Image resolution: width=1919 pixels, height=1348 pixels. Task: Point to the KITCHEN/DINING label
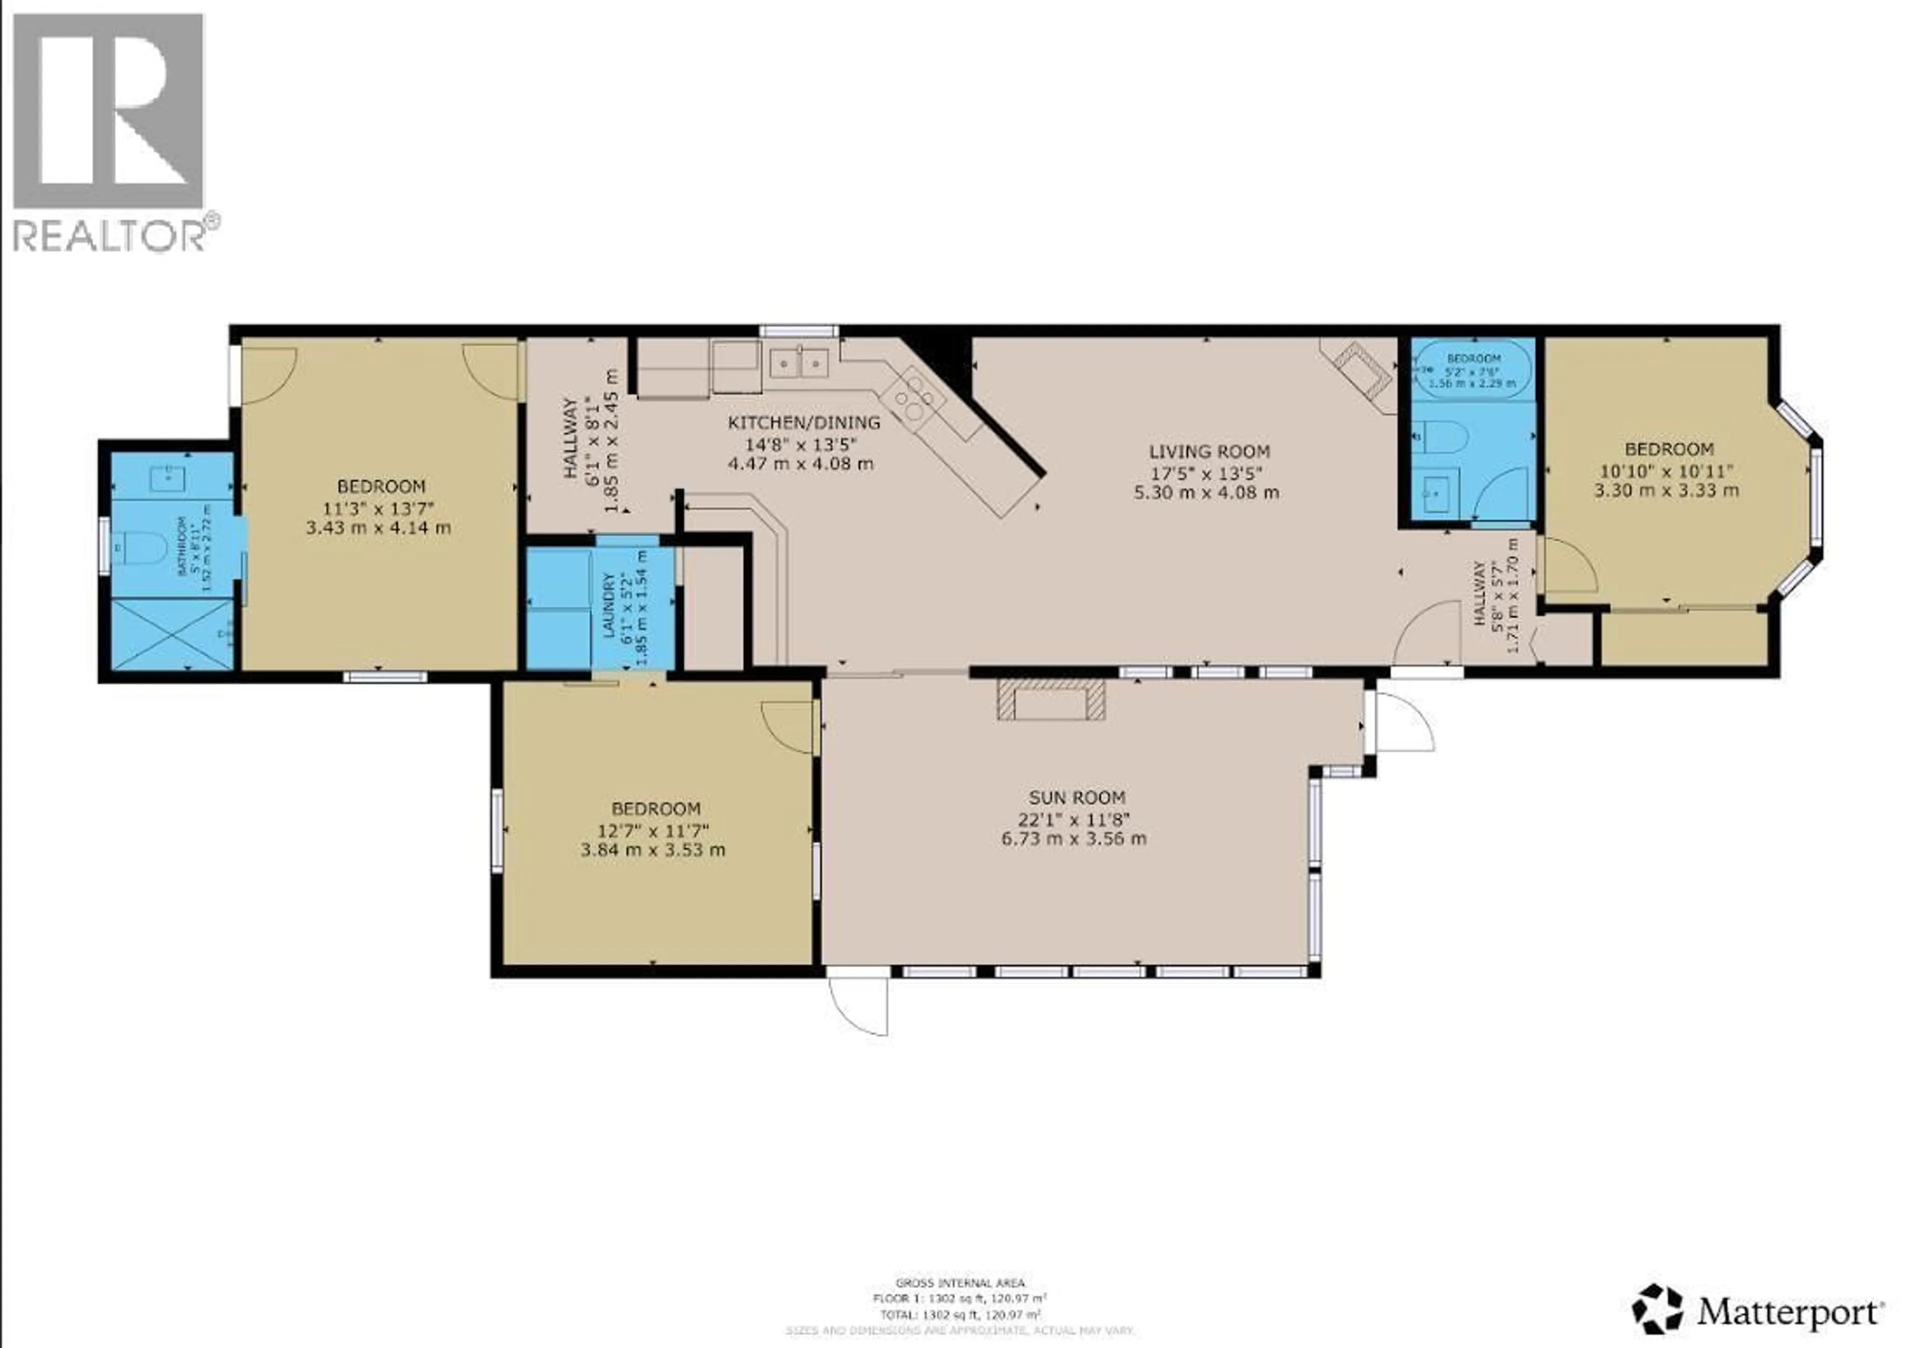(803, 422)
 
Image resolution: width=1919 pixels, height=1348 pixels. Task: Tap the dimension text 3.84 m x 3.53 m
(653, 850)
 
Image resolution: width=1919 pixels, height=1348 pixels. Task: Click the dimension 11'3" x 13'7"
(381, 507)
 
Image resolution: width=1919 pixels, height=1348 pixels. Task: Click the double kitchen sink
(799, 362)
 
